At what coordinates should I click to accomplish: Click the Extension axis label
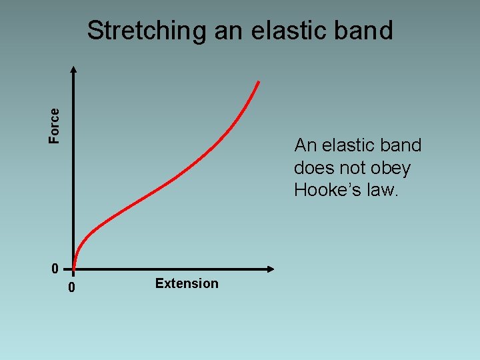coord(187,283)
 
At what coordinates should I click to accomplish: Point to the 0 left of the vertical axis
coord(55,269)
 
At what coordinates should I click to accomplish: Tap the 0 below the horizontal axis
coord(72,289)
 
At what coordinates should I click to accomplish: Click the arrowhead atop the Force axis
coord(73,69)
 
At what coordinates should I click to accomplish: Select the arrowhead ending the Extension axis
coord(271,269)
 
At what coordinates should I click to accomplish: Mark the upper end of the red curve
coord(258,83)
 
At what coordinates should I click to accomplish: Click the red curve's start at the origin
coord(74,268)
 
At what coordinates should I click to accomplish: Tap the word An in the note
coord(305,145)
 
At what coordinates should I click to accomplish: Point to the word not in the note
coord(351,168)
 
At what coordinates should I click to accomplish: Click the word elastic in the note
coord(347,145)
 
